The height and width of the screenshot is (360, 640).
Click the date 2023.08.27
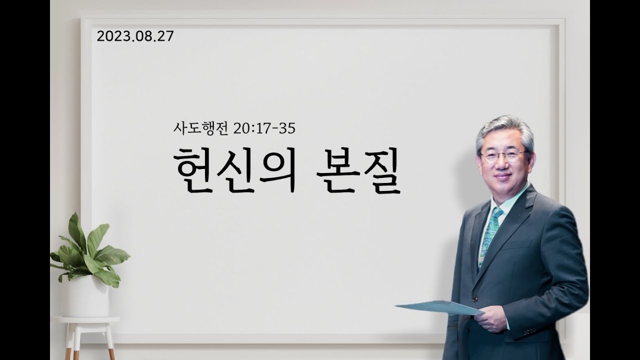tap(135, 36)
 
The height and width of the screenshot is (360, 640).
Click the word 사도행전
tap(200, 128)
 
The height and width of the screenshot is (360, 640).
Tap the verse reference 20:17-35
tap(264, 129)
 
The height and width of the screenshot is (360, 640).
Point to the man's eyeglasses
tap(503, 155)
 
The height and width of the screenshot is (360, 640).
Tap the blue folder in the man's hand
tap(439, 308)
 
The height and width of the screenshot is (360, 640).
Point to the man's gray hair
tap(504, 131)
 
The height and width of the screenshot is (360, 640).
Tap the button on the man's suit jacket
tap(475, 299)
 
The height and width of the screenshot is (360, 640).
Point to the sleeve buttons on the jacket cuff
tap(529, 331)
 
